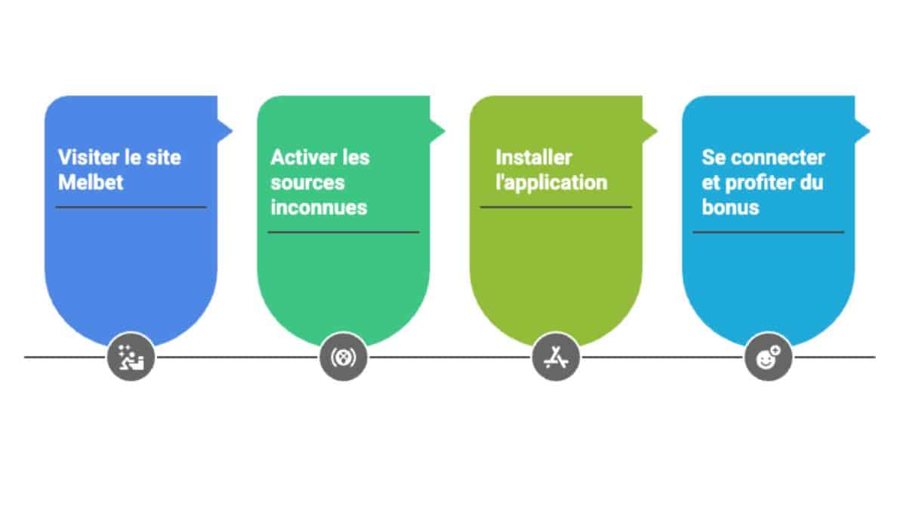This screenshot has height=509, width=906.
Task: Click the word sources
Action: point(307,182)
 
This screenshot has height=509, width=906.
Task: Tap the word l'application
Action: point(551,182)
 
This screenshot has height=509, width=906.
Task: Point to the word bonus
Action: point(730,207)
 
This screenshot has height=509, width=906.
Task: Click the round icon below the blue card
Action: point(131,357)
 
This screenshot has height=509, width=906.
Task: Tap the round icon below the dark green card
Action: point(344,357)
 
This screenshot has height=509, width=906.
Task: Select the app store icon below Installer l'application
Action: point(556,357)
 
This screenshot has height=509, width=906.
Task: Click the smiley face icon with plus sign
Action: point(769,357)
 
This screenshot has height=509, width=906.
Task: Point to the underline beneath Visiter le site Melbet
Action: point(131,207)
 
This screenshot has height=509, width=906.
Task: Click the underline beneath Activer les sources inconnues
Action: point(344,232)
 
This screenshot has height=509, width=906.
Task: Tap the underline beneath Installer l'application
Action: point(556,207)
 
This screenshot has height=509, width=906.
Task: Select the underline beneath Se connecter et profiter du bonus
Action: point(769,232)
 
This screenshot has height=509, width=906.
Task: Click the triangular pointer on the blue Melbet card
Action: point(224,130)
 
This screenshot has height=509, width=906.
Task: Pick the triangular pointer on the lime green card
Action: point(649,130)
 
